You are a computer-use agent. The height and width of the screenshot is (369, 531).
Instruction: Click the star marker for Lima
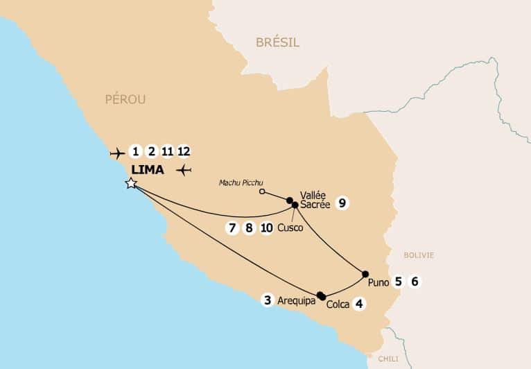(x=130, y=183)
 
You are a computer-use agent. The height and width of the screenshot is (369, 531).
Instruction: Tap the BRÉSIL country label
(x=277, y=43)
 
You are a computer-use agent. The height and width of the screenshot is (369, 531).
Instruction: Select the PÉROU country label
(x=125, y=99)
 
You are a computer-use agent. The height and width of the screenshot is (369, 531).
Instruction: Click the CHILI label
(x=388, y=359)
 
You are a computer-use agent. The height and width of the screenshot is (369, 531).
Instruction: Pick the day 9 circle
(x=340, y=203)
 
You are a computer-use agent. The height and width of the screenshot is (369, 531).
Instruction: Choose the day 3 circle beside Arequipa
(x=267, y=300)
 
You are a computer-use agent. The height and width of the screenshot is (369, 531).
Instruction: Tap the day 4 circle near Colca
(x=358, y=303)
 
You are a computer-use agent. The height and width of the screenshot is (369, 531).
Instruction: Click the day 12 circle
(x=183, y=151)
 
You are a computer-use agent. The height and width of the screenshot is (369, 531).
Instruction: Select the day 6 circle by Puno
(x=415, y=282)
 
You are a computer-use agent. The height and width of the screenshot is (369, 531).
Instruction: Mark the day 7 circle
(x=232, y=228)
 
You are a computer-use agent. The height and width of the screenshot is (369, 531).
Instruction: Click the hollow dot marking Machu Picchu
(x=262, y=191)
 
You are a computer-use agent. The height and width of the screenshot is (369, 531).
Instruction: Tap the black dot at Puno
(x=365, y=273)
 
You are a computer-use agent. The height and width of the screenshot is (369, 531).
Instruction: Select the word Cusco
(x=290, y=228)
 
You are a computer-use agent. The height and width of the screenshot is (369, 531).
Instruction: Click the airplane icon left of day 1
(x=116, y=152)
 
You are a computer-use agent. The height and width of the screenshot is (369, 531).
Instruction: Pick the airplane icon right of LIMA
(x=184, y=170)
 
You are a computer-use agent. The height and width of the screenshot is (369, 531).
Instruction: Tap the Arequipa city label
(x=296, y=301)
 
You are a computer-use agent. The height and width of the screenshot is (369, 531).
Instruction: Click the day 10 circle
(x=265, y=228)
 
